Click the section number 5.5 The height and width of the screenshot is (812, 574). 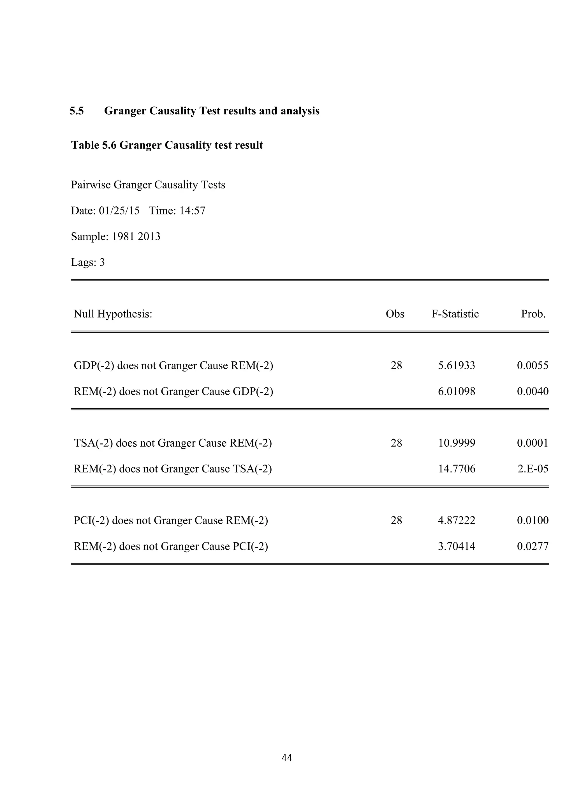pyautogui.click(x=77, y=111)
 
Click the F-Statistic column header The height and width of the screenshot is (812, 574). pyautogui.click(x=455, y=314)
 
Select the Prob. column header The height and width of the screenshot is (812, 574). pyautogui.click(x=533, y=314)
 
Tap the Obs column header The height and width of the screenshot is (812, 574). pyautogui.click(x=395, y=314)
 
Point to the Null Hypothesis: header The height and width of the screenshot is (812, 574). pyautogui.click(x=113, y=314)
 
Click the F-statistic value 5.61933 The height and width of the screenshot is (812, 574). pyautogui.click(x=456, y=366)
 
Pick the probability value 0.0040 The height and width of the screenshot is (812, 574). pyautogui.click(x=533, y=391)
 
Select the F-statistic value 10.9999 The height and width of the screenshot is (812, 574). pyautogui.click(x=457, y=443)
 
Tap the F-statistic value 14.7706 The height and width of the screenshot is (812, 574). pyautogui.click(x=457, y=469)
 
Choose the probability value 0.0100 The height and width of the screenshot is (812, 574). pyautogui.click(x=533, y=521)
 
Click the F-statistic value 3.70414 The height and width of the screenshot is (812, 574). pyautogui.click(x=457, y=546)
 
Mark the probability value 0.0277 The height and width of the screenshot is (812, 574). pyautogui.click(x=533, y=546)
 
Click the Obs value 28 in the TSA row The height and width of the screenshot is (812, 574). pyautogui.click(x=396, y=443)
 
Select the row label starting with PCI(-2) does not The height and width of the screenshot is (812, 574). pyautogui.click(x=171, y=521)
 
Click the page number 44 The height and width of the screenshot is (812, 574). pyautogui.click(x=287, y=758)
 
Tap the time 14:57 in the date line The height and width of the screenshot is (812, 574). pyautogui.click(x=192, y=211)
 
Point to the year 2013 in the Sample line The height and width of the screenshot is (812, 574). pyautogui.click(x=149, y=237)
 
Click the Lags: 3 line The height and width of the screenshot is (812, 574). pyautogui.click(x=88, y=262)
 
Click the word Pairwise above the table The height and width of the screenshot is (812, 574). pyautogui.click(x=91, y=185)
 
